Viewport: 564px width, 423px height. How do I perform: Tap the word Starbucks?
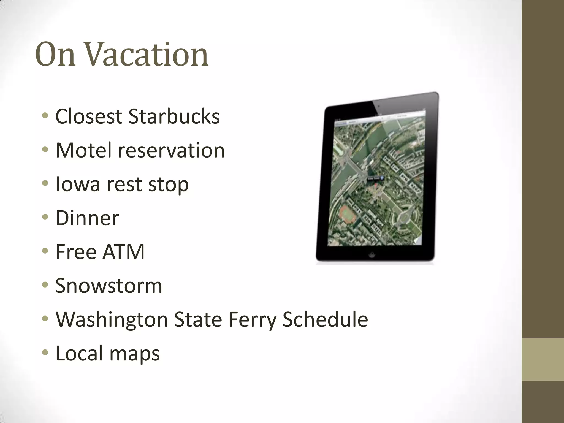point(174,116)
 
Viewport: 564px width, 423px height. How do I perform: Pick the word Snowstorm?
point(109,286)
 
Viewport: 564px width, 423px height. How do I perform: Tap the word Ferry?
point(252,319)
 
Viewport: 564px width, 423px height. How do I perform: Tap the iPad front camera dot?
point(379,106)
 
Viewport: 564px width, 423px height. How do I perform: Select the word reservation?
point(171,150)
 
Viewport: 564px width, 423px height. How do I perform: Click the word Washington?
point(112,319)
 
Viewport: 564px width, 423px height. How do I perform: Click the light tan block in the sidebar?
point(543,360)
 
